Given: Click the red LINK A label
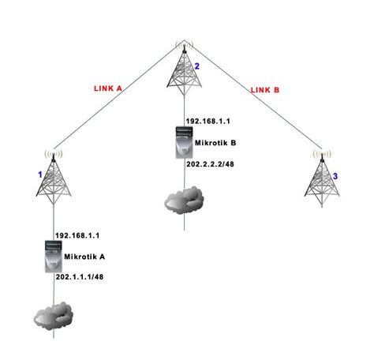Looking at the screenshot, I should (x=108, y=88).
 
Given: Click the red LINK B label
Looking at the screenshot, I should (x=264, y=90).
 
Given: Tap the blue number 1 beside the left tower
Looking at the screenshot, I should (x=39, y=171).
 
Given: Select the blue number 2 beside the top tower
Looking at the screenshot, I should (x=197, y=67).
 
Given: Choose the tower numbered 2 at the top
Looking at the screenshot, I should (x=182, y=67).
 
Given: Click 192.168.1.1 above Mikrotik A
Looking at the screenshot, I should (x=77, y=235).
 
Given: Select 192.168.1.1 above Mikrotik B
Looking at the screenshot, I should (x=207, y=122).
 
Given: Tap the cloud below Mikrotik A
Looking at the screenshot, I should (x=53, y=316).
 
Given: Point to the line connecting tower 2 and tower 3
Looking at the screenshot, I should (x=252, y=99).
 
